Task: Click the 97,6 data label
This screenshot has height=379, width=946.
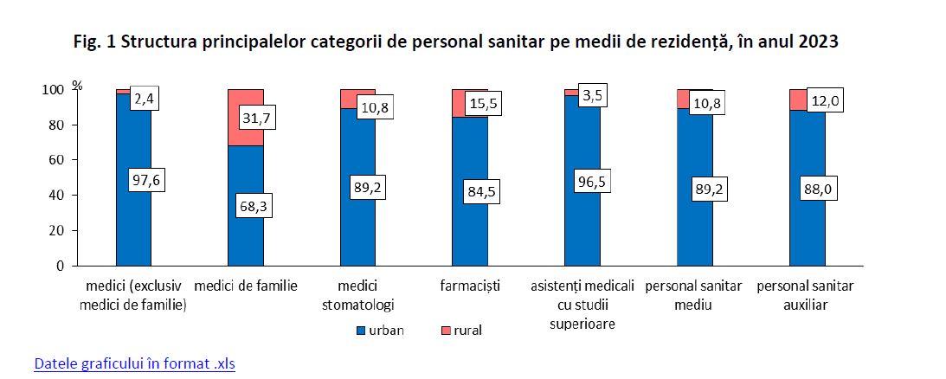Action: (145, 180)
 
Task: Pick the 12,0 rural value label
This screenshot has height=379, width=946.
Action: (825, 101)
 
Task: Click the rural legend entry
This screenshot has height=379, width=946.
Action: (460, 331)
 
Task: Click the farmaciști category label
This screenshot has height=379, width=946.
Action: (470, 286)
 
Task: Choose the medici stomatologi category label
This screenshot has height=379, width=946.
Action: (357, 294)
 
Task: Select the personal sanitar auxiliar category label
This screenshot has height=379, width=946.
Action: (806, 294)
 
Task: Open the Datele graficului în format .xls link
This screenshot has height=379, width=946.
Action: (134, 363)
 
